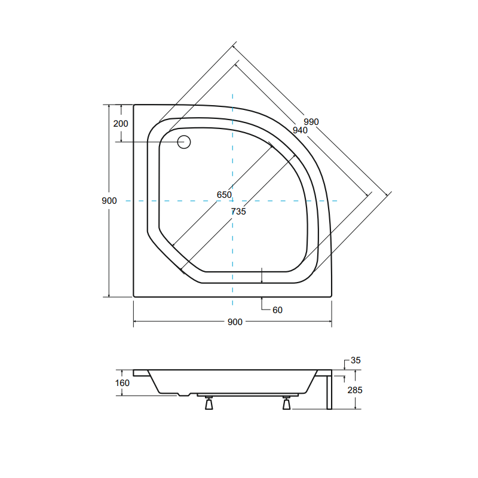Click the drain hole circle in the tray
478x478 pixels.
click(x=184, y=142)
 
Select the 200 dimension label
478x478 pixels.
click(x=121, y=124)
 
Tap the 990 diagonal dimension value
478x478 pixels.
click(x=311, y=122)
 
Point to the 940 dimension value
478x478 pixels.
click(x=300, y=130)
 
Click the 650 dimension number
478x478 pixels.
click(x=224, y=195)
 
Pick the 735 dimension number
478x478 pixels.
click(x=238, y=212)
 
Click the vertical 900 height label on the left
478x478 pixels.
click(x=109, y=201)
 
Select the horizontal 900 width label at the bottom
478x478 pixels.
click(x=235, y=322)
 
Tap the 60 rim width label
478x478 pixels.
click(x=277, y=310)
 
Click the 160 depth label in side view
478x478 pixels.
click(x=122, y=383)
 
